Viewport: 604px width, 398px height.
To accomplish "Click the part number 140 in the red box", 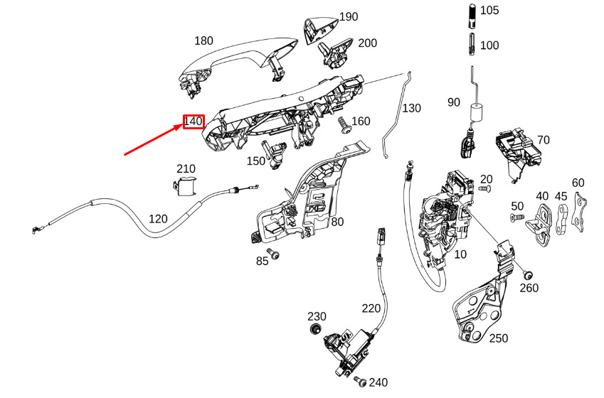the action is [193, 122].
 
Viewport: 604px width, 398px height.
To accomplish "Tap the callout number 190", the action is [349, 17].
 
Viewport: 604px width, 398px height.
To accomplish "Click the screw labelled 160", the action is [344, 126].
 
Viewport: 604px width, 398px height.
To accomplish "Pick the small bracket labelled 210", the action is [184, 185].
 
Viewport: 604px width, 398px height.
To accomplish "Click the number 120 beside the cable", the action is [158, 219].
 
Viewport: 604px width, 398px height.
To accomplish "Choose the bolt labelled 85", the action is [274, 254].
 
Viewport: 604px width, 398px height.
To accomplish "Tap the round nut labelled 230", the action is [316, 329].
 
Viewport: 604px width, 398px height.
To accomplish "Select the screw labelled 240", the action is [361, 381].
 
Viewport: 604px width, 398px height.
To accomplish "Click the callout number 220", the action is [371, 308].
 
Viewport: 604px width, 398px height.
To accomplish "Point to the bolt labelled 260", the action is [527, 275].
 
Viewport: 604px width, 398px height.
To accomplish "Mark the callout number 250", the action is [499, 338].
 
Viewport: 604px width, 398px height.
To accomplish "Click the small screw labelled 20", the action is [484, 188].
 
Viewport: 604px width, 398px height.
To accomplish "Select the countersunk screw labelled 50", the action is [517, 218].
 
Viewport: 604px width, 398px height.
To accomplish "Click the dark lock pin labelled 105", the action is [473, 16].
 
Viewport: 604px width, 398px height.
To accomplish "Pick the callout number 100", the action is [489, 45].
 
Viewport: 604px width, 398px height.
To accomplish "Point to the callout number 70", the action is [543, 140].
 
